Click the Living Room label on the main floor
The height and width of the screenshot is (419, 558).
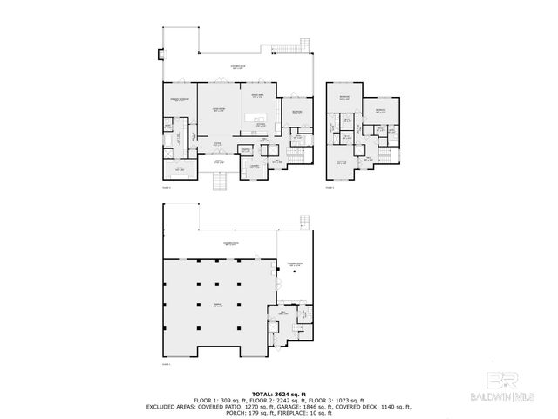click(220, 110)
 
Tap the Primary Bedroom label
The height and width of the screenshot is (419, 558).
click(180, 100)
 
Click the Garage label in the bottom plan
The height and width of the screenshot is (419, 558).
click(218, 305)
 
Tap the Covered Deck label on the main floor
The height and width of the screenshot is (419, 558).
click(237, 67)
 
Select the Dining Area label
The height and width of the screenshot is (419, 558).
click(258, 95)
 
